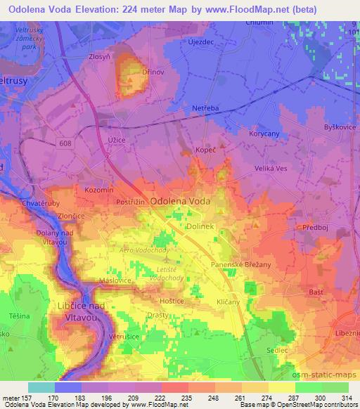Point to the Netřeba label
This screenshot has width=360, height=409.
[205, 108]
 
